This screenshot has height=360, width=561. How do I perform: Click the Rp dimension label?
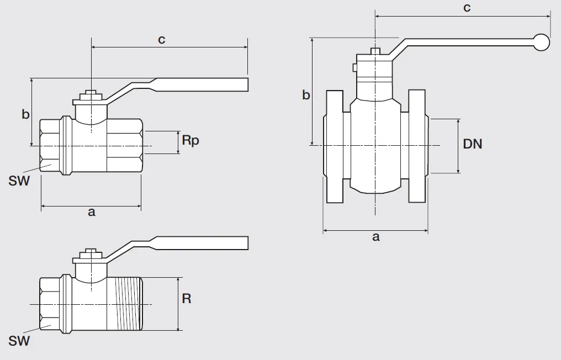tap(190, 140)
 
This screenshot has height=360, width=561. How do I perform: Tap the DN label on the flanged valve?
tap(472, 144)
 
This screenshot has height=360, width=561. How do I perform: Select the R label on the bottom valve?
tap(187, 299)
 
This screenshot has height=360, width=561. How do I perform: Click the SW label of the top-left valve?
tap(19, 181)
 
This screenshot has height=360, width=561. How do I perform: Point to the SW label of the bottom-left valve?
tap(19, 341)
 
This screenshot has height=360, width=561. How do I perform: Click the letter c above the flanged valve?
tap(467, 8)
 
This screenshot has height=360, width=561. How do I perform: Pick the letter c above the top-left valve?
tap(162, 39)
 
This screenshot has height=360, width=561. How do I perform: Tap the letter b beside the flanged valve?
tap(306, 95)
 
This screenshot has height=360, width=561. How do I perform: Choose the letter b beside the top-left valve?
tap(25, 114)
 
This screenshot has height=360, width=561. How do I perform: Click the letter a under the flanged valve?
tap(375, 236)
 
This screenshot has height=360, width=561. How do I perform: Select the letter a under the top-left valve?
tap(92, 212)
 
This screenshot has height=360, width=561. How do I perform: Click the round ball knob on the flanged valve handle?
tap(541, 42)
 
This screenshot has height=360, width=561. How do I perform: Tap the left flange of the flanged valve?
tap(335, 146)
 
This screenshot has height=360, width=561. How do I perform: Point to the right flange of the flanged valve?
tap(417, 146)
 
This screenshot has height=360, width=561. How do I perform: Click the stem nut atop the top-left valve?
tap(92, 96)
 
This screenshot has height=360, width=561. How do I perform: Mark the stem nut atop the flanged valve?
tap(375, 51)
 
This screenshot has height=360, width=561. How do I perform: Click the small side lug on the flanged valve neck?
tap(354, 67)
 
